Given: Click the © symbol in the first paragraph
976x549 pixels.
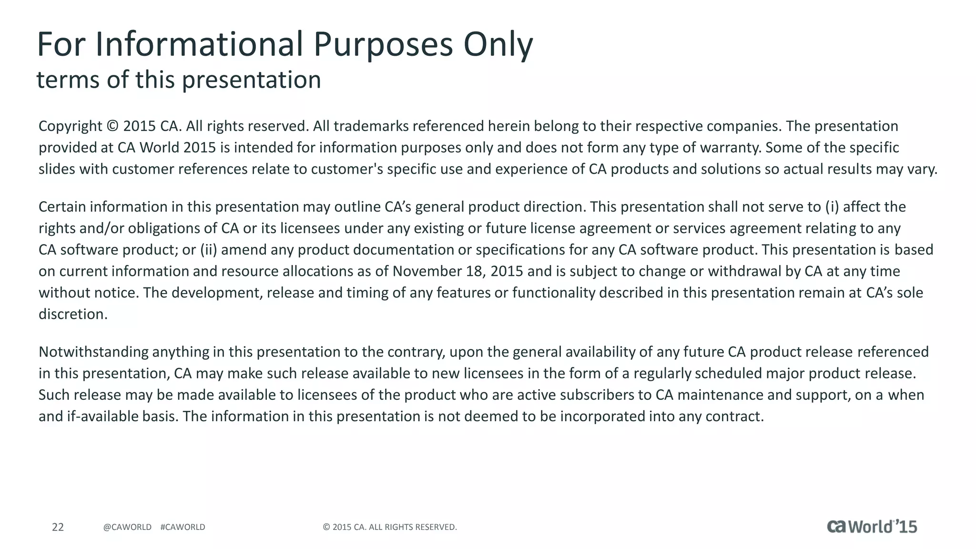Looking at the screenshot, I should [x=112, y=126].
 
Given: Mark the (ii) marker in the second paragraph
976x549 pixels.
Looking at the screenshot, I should [x=208, y=250].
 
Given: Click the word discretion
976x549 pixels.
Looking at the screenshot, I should [x=73, y=314].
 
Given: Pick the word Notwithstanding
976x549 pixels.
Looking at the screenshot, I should [x=93, y=352].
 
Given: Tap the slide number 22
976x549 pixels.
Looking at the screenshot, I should [x=58, y=527].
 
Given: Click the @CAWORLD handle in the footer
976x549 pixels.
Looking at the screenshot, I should [x=127, y=527].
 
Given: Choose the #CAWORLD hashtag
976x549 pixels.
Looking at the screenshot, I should [x=183, y=527].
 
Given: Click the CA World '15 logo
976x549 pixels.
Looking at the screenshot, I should [x=872, y=526].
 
